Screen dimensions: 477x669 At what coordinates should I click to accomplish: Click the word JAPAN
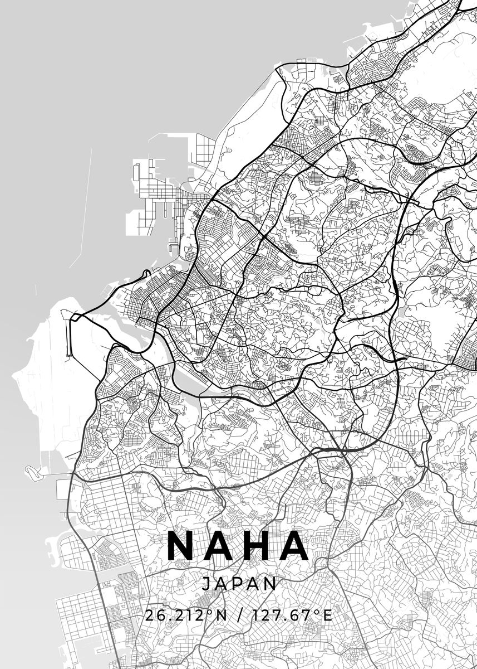click(239, 584)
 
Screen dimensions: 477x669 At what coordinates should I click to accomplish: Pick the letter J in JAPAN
click(206, 584)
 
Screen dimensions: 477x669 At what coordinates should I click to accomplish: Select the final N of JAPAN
click(271, 584)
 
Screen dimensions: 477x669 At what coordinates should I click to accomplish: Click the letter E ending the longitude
click(327, 616)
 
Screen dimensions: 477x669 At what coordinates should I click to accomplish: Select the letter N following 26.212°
click(222, 616)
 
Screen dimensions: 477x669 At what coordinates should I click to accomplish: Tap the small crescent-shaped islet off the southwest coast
click(35, 471)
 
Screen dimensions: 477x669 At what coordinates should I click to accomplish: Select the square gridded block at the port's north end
click(205, 149)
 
